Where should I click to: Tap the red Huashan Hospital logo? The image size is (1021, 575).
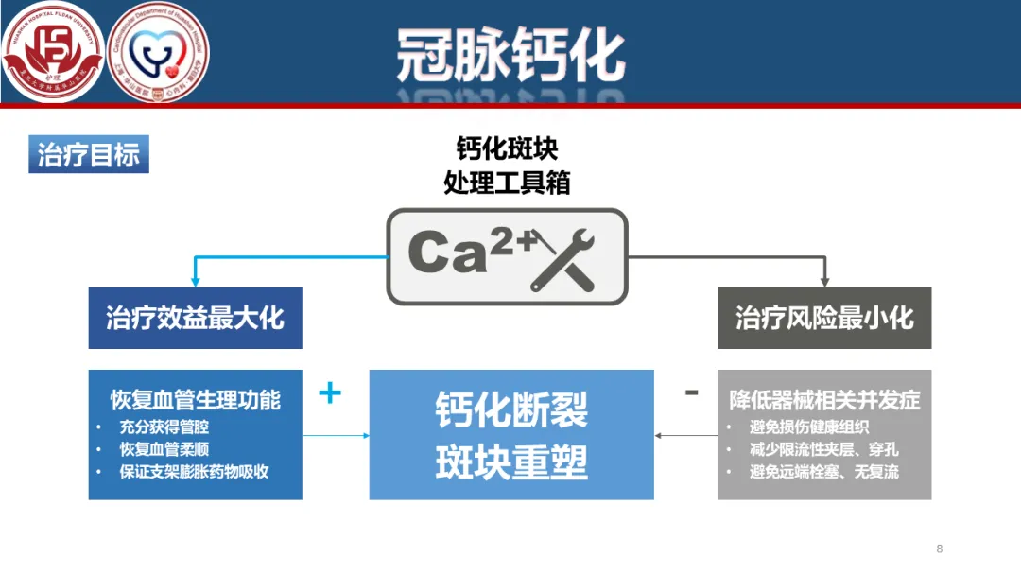click(x=52, y=51)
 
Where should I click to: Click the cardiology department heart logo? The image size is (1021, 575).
click(x=159, y=51)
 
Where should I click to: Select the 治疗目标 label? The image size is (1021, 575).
click(x=89, y=155)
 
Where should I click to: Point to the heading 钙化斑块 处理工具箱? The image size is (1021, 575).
click(x=508, y=166)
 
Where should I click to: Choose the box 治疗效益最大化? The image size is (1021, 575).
click(x=195, y=318)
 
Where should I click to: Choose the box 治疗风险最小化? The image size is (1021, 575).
click(x=824, y=318)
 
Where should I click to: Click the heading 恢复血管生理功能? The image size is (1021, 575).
click(x=195, y=399)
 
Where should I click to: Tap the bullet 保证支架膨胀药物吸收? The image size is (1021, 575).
click(x=194, y=471)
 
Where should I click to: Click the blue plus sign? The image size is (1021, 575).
click(x=329, y=392)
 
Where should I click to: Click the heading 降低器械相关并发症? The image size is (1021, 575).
click(x=824, y=400)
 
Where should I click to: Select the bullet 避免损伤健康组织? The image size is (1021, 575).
click(x=810, y=427)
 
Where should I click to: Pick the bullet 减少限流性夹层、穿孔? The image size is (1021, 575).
click(x=823, y=449)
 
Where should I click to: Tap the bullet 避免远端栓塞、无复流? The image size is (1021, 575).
click(x=823, y=471)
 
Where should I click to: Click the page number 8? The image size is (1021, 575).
click(x=939, y=549)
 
